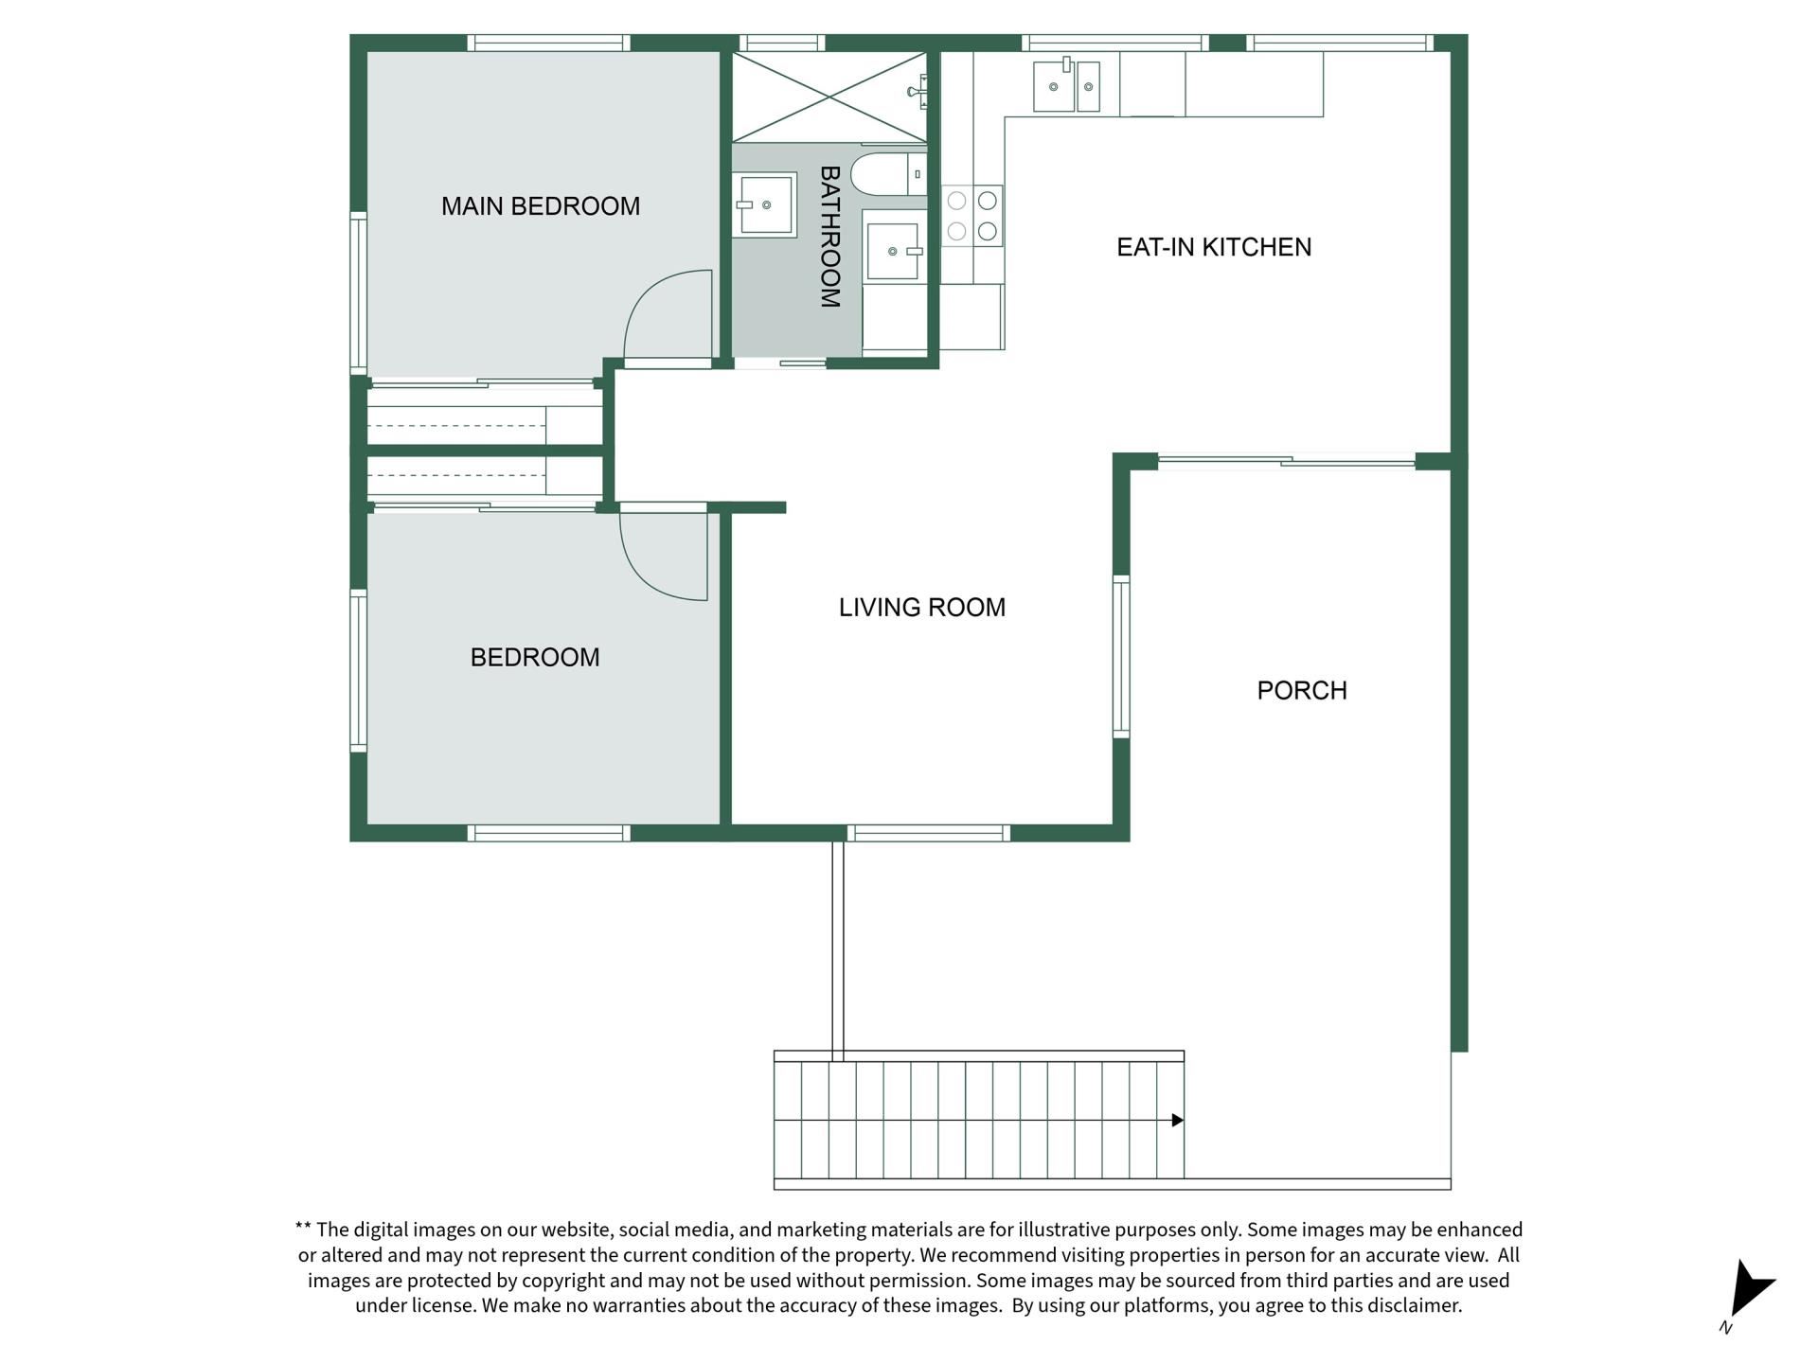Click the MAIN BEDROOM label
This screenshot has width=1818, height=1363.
(x=541, y=206)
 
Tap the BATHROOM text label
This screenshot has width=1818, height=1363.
(x=829, y=237)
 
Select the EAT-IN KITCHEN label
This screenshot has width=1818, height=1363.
(x=1214, y=247)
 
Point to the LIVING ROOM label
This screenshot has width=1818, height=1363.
(x=922, y=608)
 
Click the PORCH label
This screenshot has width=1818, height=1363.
(x=1302, y=691)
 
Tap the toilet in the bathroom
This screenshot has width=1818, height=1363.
(x=888, y=174)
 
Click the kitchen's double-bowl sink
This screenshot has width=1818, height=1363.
(x=1066, y=85)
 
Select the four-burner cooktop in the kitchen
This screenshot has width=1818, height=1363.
(x=971, y=215)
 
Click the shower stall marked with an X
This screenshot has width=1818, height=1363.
(x=829, y=97)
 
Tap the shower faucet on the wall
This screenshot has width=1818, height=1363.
(x=918, y=92)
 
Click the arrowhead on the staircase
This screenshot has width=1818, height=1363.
(x=1178, y=1121)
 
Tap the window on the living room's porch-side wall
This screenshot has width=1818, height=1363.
(x=1121, y=656)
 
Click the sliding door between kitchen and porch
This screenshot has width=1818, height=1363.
(x=1287, y=462)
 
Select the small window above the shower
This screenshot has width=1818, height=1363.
(x=781, y=43)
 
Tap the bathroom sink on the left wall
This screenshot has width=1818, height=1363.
(x=763, y=204)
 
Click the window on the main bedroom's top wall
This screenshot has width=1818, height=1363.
(x=548, y=43)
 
